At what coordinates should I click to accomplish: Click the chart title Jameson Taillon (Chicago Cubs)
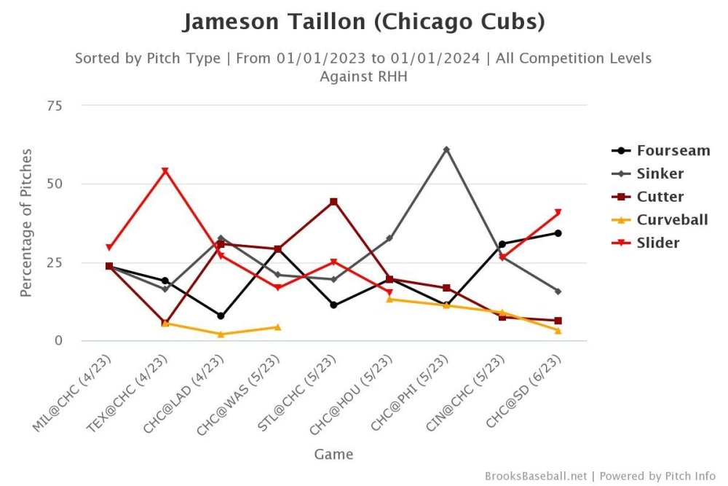pos(363,22)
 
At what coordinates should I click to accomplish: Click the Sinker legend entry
pos(660,173)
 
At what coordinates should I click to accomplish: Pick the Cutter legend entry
pos(660,197)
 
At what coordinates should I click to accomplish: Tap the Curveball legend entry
pos(671,219)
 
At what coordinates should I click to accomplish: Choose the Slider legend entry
pos(658,243)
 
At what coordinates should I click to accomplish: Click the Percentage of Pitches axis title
pos(26,222)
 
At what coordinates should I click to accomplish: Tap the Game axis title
pos(333,454)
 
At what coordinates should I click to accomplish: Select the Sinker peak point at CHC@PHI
pos(446,149)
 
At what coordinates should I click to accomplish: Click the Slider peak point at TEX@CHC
pos(165,171)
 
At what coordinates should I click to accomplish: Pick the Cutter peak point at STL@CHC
pos(333,201)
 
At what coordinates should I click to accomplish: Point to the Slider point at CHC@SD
pos(558,213)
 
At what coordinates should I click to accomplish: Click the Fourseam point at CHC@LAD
pos(221,315)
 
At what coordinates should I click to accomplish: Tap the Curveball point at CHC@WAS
pos(277,327)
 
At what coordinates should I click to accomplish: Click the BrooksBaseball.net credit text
pos(535,476)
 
